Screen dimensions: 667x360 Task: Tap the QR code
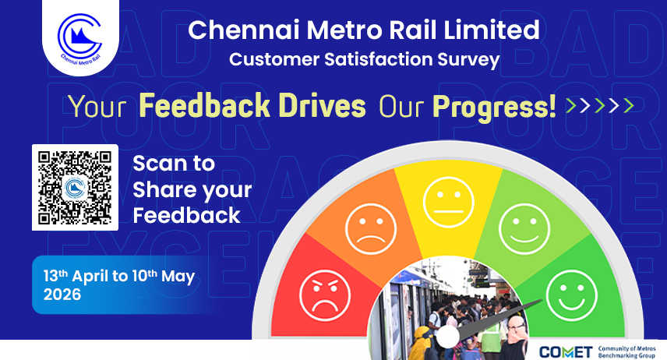point(75,187)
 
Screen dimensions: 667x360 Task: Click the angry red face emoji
point(325,295)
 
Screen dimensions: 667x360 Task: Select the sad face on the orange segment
point(371,229)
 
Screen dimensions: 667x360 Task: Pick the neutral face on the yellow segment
point(448,202)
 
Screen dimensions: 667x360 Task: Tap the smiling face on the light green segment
point(524,229)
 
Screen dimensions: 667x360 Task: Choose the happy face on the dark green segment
point(572,295)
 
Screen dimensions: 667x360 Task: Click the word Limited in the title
point(492,30)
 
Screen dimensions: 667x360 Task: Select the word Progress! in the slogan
point(494,108)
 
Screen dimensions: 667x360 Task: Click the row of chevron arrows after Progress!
point(600,105)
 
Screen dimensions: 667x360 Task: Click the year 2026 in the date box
point(62,295)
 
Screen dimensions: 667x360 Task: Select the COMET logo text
point(566,352)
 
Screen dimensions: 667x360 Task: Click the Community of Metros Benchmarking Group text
point(626,352)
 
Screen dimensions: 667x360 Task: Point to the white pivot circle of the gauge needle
point(448,336)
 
